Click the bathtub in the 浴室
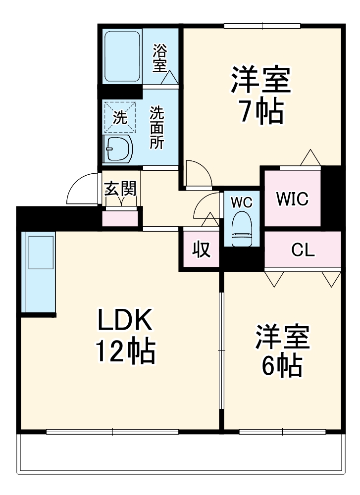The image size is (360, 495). click(122, 57)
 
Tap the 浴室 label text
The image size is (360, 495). click(159, 58)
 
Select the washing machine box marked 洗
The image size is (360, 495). click(119, 117)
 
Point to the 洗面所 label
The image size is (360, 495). click(157, 128)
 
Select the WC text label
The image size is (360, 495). click(242, 202)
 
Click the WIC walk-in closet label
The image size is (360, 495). click(292, 198)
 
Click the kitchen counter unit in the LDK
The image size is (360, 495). click(39, 272)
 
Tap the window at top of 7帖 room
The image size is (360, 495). click(262, 26)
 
